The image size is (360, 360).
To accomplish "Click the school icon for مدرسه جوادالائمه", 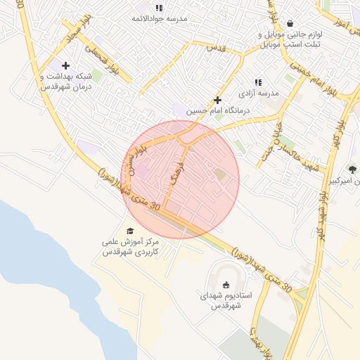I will pos(159,8).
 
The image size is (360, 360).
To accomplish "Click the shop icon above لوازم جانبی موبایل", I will pos(290,23).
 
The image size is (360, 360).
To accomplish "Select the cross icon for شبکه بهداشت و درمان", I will pos(65,65).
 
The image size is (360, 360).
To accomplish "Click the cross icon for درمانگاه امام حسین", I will pos(218,100).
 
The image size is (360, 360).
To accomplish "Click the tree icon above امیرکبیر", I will pos(352,169).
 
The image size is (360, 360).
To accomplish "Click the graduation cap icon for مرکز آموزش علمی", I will pos(129,231).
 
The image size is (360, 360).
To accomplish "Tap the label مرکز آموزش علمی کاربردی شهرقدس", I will pos(129,247).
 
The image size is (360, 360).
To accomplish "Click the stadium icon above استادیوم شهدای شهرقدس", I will pos(226,285).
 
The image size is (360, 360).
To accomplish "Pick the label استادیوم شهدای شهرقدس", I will pos(225,301).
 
